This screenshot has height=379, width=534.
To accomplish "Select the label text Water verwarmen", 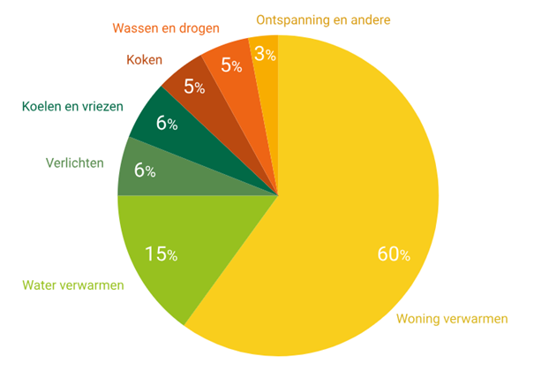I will (x=73, y=285).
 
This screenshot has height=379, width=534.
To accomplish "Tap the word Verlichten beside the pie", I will (x=74, y=163).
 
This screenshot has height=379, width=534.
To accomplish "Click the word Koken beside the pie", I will (x=144, y=61).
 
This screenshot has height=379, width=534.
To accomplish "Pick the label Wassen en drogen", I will (x=166, y=27).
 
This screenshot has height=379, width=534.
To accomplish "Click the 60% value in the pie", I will (x=394, y=254).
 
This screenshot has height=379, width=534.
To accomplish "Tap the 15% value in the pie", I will (x=161, y=254).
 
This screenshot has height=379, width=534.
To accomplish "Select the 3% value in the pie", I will (x=264, y=54).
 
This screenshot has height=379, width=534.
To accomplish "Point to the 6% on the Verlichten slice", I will (x=145, y=170).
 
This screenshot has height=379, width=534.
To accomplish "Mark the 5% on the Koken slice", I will (x=194, y=87).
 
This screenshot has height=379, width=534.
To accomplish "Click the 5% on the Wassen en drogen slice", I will (x=231, y=64).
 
